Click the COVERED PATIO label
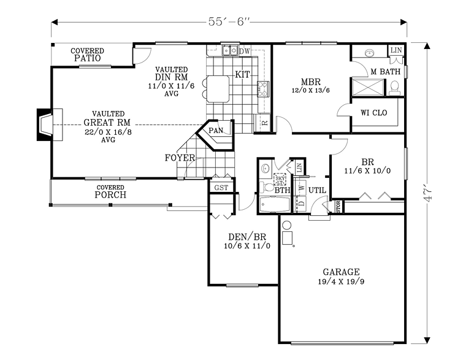click(87, 55)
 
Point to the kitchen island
click(218, 89)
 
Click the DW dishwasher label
click(244, 51)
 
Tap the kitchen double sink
click(230, 51)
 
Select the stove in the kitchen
click(264, 89)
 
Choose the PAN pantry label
click(216, 130)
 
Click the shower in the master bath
click(367, 86)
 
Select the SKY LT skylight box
click(281, 178)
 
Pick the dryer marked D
click(302, 202)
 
